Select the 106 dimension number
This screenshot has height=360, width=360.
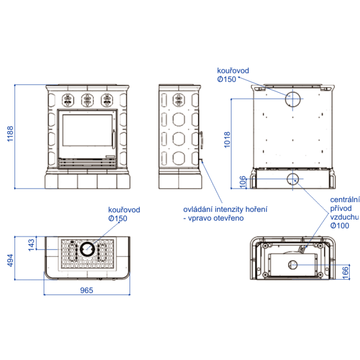(243, 182)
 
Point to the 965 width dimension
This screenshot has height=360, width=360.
(86, 290)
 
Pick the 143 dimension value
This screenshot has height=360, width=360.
(31, 244)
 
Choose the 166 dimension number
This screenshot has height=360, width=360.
(345, 272)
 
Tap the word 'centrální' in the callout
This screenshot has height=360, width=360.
(345, 199)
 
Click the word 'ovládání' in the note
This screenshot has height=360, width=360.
(198, 210)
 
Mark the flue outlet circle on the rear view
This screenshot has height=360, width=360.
(294, 99)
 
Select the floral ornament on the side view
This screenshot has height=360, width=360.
(179, 100)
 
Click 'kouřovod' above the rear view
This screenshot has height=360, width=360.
(233, 71)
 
